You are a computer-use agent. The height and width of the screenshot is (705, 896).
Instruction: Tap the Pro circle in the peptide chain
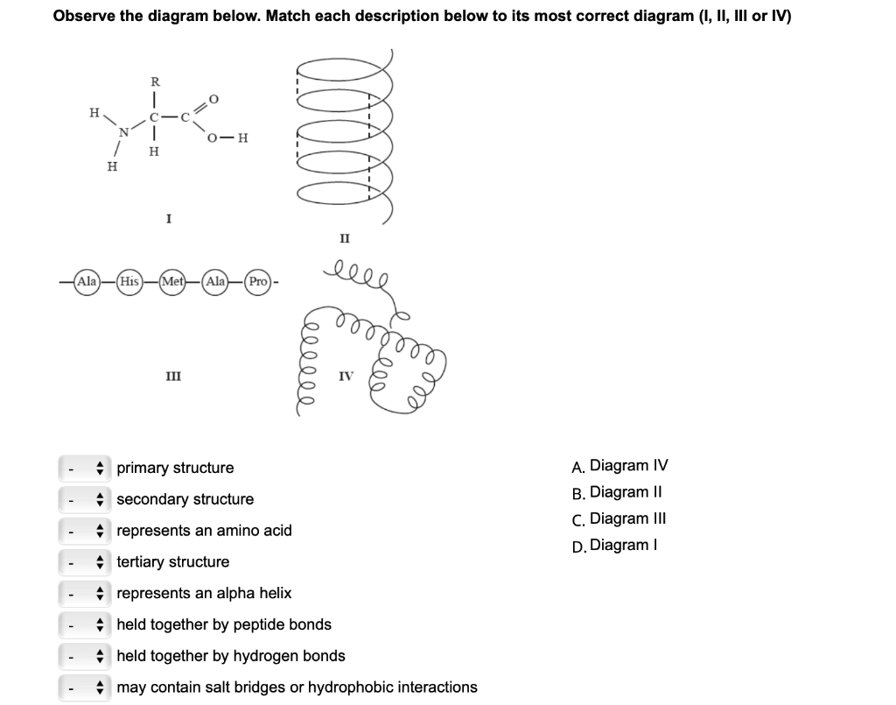(x=258, y=282)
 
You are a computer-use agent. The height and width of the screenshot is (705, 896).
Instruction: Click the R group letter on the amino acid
(x=155, y=81)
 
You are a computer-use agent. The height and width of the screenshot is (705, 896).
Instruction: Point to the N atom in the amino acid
(x=124, y=132)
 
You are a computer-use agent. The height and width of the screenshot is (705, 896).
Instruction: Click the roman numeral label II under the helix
(x=345, y=237)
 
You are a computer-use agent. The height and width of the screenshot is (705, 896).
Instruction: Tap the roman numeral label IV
(x=346, y=376)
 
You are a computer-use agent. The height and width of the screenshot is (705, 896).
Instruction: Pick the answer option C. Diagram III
(x=618, y=518)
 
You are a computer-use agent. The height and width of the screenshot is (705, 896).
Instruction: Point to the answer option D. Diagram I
(x=612, y=545)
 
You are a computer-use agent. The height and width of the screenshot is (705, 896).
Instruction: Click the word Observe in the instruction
(x=84, y=16)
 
